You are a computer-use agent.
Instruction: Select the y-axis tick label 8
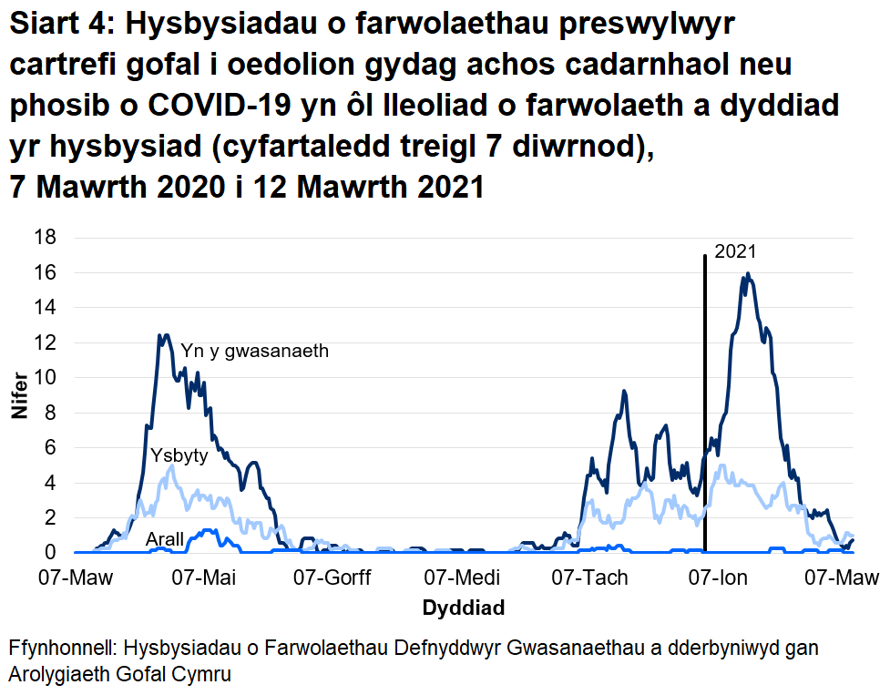pos(51,413)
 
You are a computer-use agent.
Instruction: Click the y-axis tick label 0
pos(51,553)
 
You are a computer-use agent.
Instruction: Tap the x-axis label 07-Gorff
pos(332,577)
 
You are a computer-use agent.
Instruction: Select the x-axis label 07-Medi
pos(462,577)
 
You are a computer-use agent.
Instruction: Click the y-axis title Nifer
pos(18,395)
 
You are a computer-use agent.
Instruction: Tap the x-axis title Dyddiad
pos(463,607)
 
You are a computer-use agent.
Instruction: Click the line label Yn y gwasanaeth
pos(254,351)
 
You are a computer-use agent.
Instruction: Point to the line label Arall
pos(165,540)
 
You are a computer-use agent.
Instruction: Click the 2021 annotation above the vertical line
pos(735,252)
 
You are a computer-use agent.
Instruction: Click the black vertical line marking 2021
pos(706,410)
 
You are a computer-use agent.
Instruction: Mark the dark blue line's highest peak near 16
pos(748,274)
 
